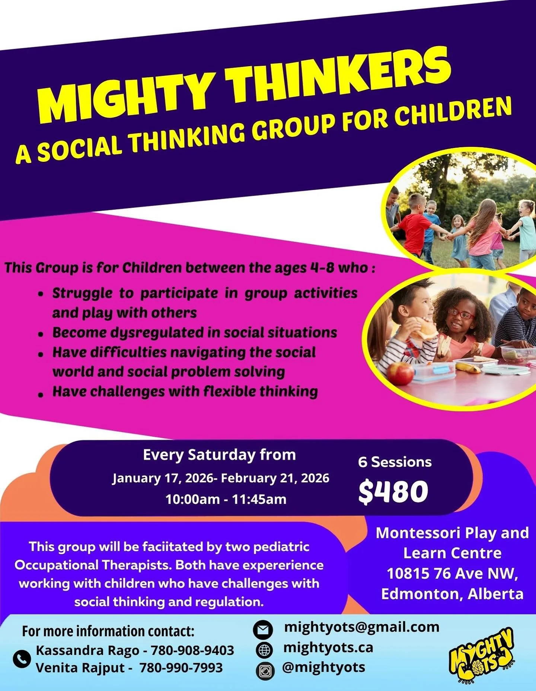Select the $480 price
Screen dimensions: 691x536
pyautogui.click(x=393, y=491)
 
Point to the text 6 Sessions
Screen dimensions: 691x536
pyautogui.click(x=395, y=462)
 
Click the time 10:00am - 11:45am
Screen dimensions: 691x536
pyautogui.click(x=226, y=499)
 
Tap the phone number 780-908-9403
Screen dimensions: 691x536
pyautogui.click(x=192, y=650)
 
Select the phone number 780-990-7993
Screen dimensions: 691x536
pyautogui.click(x=181, y=668)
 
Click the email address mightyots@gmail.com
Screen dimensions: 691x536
pyautogui.click(x=361, y=627)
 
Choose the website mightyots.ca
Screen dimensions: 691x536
pyautogui.click(x=328, y=647)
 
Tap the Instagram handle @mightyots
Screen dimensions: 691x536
pyautogui.click(x=323, y=667)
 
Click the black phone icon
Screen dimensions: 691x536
pyautogui.click(x=22, y=659)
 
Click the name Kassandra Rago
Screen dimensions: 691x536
pyautogui.click(x=87, y=650)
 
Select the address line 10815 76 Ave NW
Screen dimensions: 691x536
pyautogui.click(x=452, y=573)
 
